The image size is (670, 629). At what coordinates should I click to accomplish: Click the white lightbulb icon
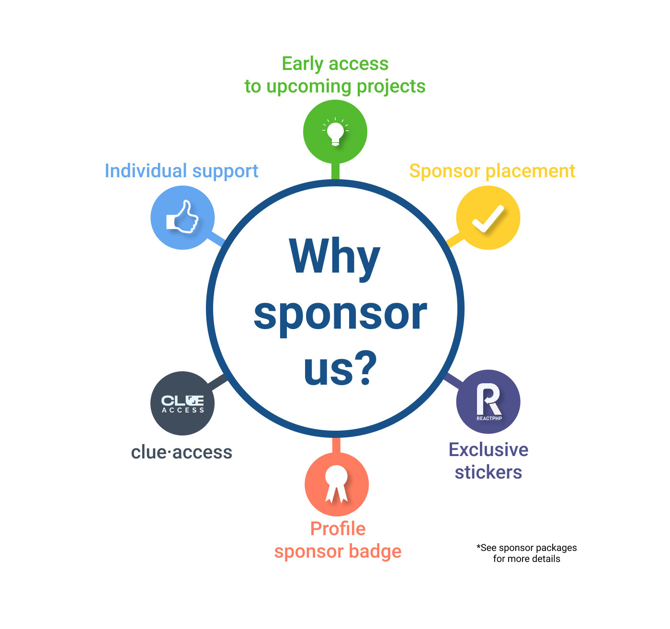pos(335,132)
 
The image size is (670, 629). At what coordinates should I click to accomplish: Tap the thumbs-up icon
pos(182,217)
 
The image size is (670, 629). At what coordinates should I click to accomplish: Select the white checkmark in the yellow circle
pos(488,219)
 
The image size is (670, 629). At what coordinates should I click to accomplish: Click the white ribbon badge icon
pos(336,484)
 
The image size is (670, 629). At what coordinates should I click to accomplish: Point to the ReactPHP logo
pos(489,402)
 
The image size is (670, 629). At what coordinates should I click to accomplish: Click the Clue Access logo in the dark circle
pos(182,404)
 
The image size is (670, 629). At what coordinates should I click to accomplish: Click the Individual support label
pos(182,171)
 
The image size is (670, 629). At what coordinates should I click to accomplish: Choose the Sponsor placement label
pos(492,171)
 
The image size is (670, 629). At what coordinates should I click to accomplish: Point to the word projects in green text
pos(391,87)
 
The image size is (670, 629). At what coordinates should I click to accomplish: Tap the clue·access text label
pos(182,452)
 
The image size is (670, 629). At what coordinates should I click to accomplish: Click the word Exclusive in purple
pos(488,449)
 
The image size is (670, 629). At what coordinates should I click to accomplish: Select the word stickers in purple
pos(488,472)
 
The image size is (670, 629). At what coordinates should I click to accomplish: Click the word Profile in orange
pos(338,529)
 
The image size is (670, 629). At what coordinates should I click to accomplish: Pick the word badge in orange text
pos(375,552)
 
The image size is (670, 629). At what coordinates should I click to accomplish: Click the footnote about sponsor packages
pos(526,553)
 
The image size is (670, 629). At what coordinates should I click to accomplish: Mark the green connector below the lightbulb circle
pos(335,171)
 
